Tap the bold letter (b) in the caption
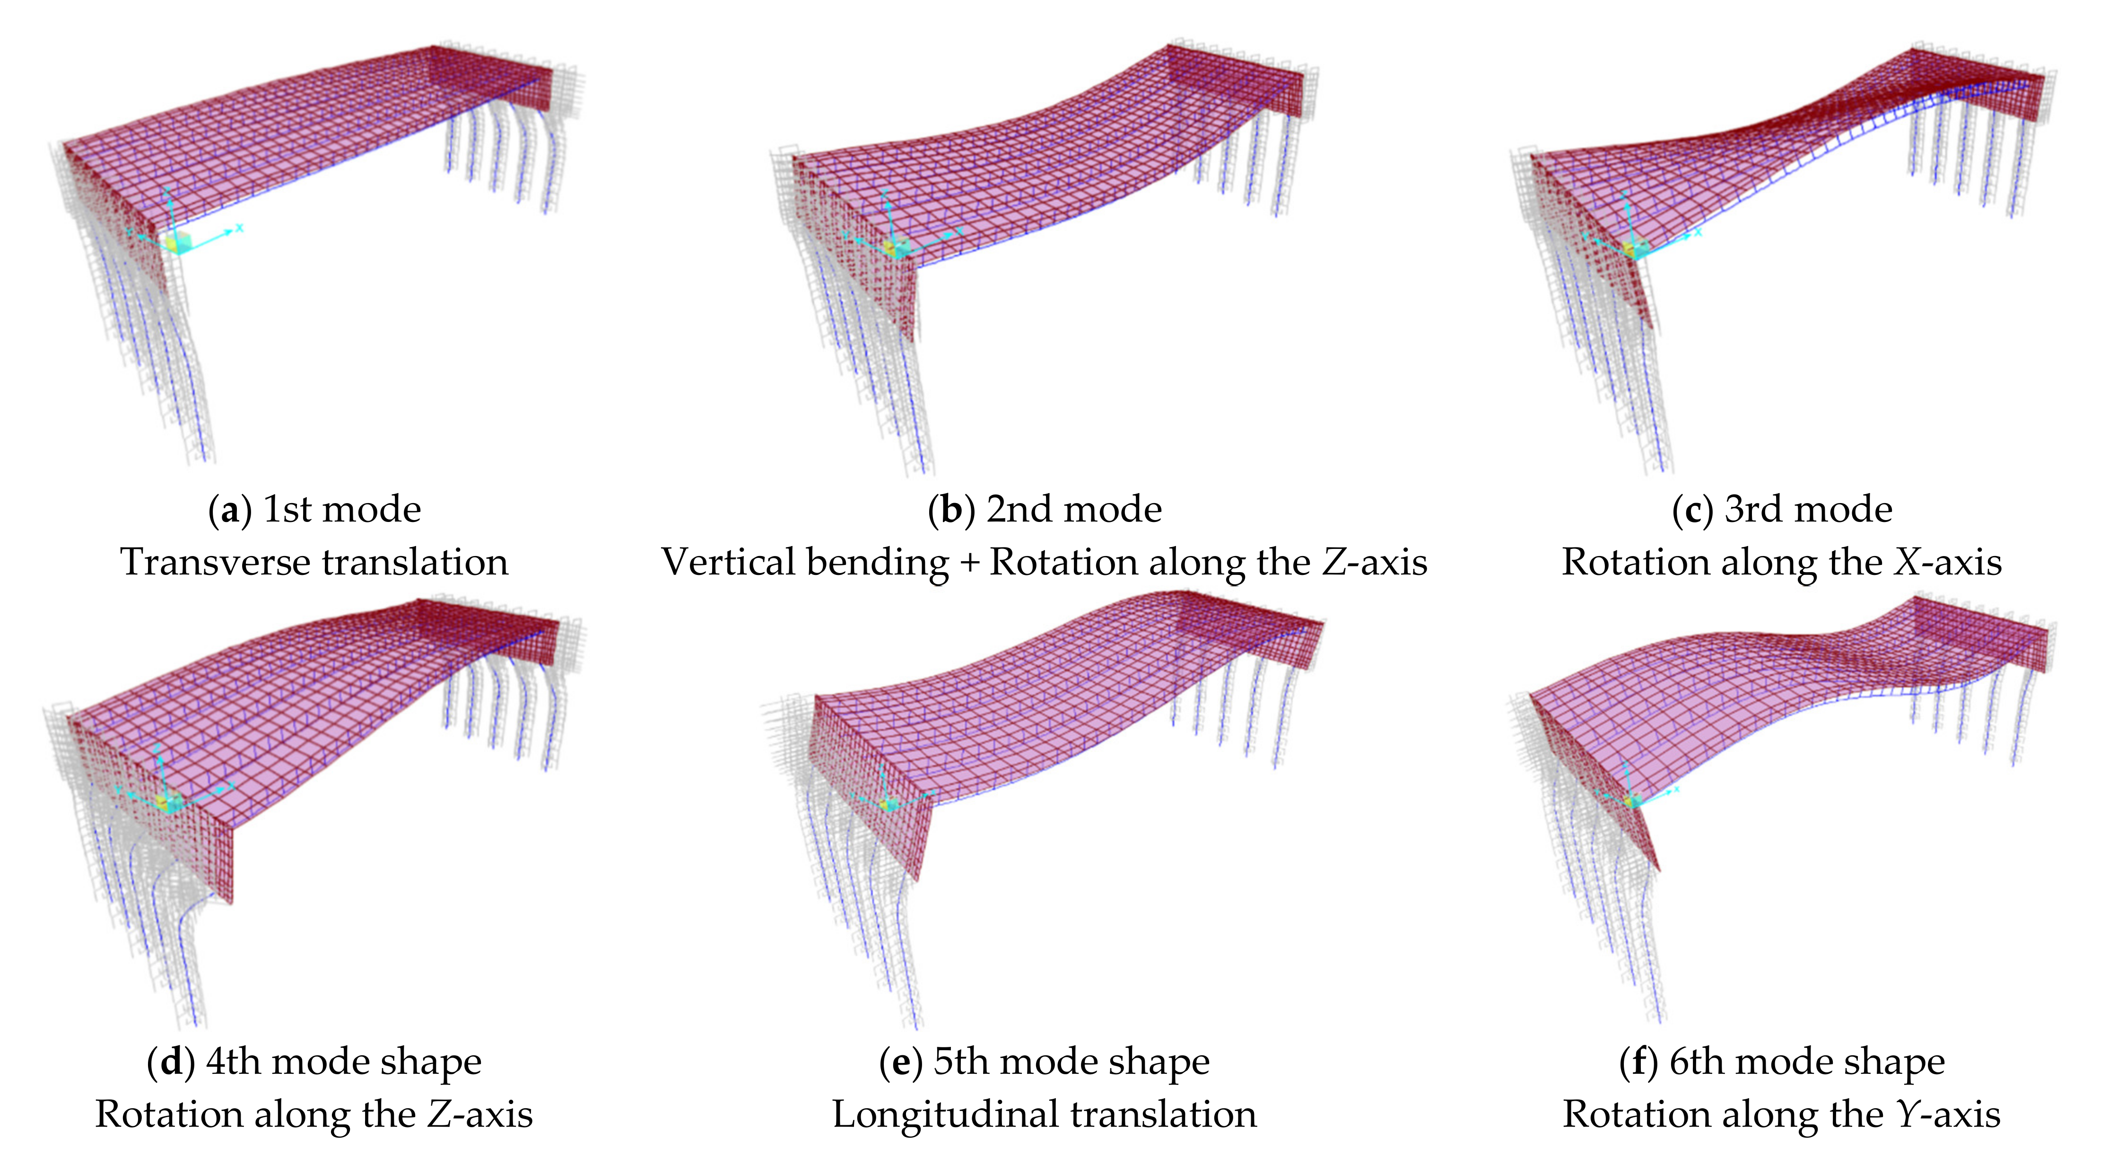tap(951, 510)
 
